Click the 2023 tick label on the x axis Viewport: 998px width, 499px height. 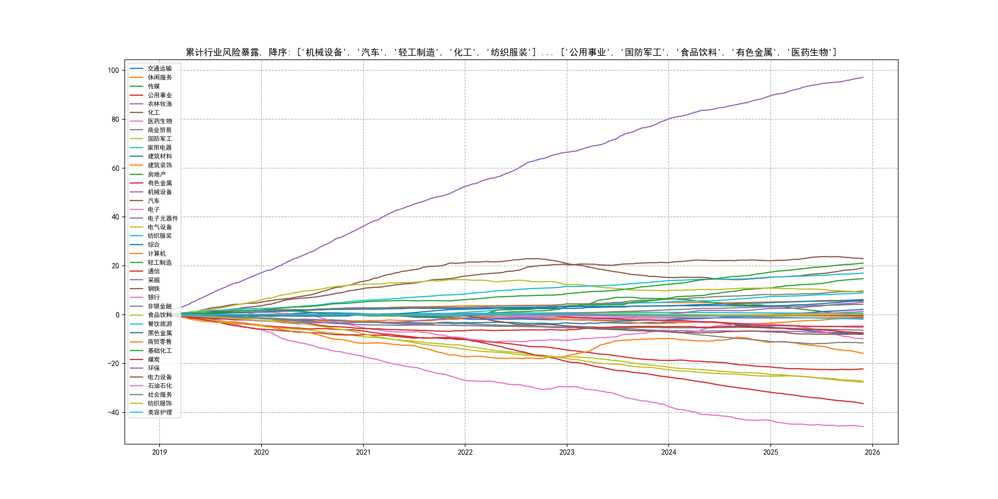click(x=566, y=452)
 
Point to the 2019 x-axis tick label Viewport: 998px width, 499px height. click(x=159, y=452)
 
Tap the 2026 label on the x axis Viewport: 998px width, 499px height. click(x=872, y=452)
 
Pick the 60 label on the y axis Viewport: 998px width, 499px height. click(x=116, y=168)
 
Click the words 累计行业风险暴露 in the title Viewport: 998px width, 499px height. click(x=222, y=52)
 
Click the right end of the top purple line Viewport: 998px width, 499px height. click(x=863, y=78)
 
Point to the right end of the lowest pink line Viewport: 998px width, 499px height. click(x=863, y=427)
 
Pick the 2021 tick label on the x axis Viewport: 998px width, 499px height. click(x=363, y=452)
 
